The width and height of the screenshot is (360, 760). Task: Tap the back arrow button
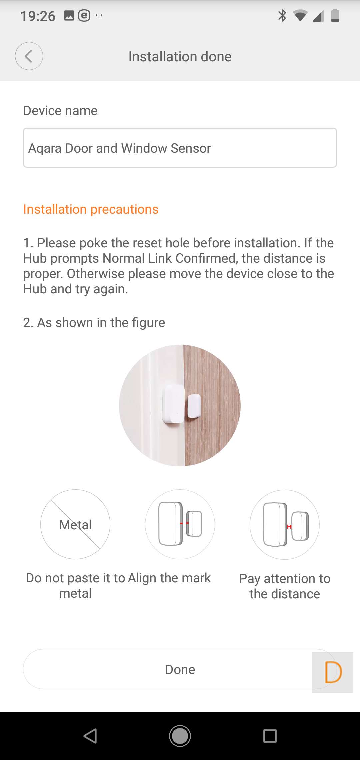[29, 56]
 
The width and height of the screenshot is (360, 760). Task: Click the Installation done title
[180, 57]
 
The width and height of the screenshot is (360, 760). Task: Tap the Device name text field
[180, 148]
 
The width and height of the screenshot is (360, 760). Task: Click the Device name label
[60, 111]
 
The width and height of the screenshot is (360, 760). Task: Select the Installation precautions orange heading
[91, 209]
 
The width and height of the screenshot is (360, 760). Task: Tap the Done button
[180, 669]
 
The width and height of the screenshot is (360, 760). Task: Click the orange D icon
[333, 672]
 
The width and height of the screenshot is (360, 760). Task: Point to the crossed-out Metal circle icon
[75, 524]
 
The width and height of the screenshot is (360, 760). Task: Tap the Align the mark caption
[169, 578]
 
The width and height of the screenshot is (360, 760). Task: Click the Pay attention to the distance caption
[285, 586]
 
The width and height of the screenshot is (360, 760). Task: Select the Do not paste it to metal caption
[75, 586]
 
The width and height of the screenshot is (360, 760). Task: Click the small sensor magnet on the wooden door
[194, 406]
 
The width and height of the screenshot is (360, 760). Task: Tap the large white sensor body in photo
[173, 404]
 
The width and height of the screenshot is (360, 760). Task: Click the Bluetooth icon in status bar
[282, 15]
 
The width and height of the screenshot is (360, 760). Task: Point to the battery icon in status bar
[335, 15]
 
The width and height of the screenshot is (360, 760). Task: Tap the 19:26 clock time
[38, 16]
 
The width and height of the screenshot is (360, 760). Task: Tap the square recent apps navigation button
[270, 736]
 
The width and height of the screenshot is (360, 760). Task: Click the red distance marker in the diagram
[289, 527]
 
